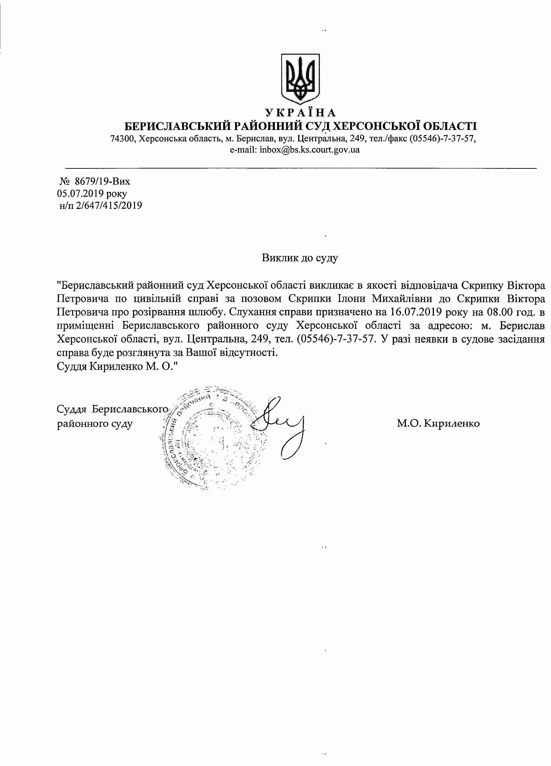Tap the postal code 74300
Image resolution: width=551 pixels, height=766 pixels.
click(122, 139)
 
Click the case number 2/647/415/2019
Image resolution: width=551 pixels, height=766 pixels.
click(109, 205)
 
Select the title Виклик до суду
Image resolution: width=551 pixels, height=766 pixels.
click(300, 258)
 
